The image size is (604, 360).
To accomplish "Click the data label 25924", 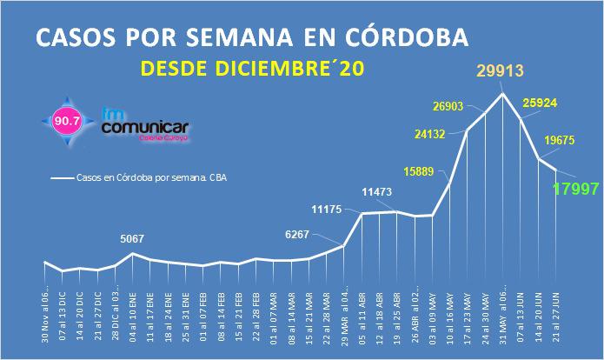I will coord(541,102).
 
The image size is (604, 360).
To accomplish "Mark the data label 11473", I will coord(379,191).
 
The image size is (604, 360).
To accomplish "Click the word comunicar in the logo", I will coord(145,128).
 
